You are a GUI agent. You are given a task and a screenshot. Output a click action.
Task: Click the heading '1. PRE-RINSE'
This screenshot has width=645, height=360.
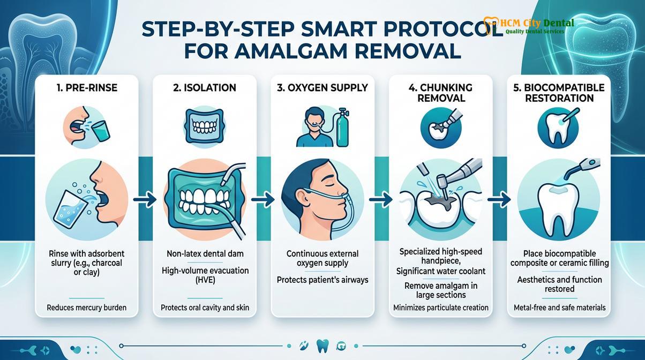click(87, 87)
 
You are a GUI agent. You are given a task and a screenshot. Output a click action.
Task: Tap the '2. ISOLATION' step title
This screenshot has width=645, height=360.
click(205, 87)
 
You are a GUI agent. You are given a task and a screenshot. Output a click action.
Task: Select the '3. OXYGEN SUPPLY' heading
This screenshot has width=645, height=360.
click(322, 87)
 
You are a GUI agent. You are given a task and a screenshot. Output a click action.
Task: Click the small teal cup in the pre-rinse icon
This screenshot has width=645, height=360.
click(101, 131)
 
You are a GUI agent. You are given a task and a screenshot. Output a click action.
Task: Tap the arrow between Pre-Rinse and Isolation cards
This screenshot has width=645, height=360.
click(145, 199)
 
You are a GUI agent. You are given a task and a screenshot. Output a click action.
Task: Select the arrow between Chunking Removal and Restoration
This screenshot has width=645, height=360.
click(499, 199)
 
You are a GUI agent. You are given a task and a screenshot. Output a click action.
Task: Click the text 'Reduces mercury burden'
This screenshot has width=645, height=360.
click(87, 307)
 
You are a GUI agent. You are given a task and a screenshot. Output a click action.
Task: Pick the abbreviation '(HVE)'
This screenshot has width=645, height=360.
click(205, 280)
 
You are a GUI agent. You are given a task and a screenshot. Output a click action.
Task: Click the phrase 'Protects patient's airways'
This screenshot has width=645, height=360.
click(322, 280)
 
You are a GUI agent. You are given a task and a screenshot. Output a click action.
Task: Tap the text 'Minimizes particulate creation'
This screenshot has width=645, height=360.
click(441, 307)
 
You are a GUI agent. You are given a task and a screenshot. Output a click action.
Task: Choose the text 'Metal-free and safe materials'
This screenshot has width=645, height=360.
click(559, 307)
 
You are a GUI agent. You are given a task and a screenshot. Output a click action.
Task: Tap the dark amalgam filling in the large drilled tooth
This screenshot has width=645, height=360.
click(440, 201)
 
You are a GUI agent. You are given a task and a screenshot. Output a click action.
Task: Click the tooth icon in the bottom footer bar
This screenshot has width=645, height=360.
click(322, 346)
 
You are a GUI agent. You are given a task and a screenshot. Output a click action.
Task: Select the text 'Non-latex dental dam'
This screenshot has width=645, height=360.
click(205, 254)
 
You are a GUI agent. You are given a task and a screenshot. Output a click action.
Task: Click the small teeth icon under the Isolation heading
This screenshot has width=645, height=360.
click(205, 125)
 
